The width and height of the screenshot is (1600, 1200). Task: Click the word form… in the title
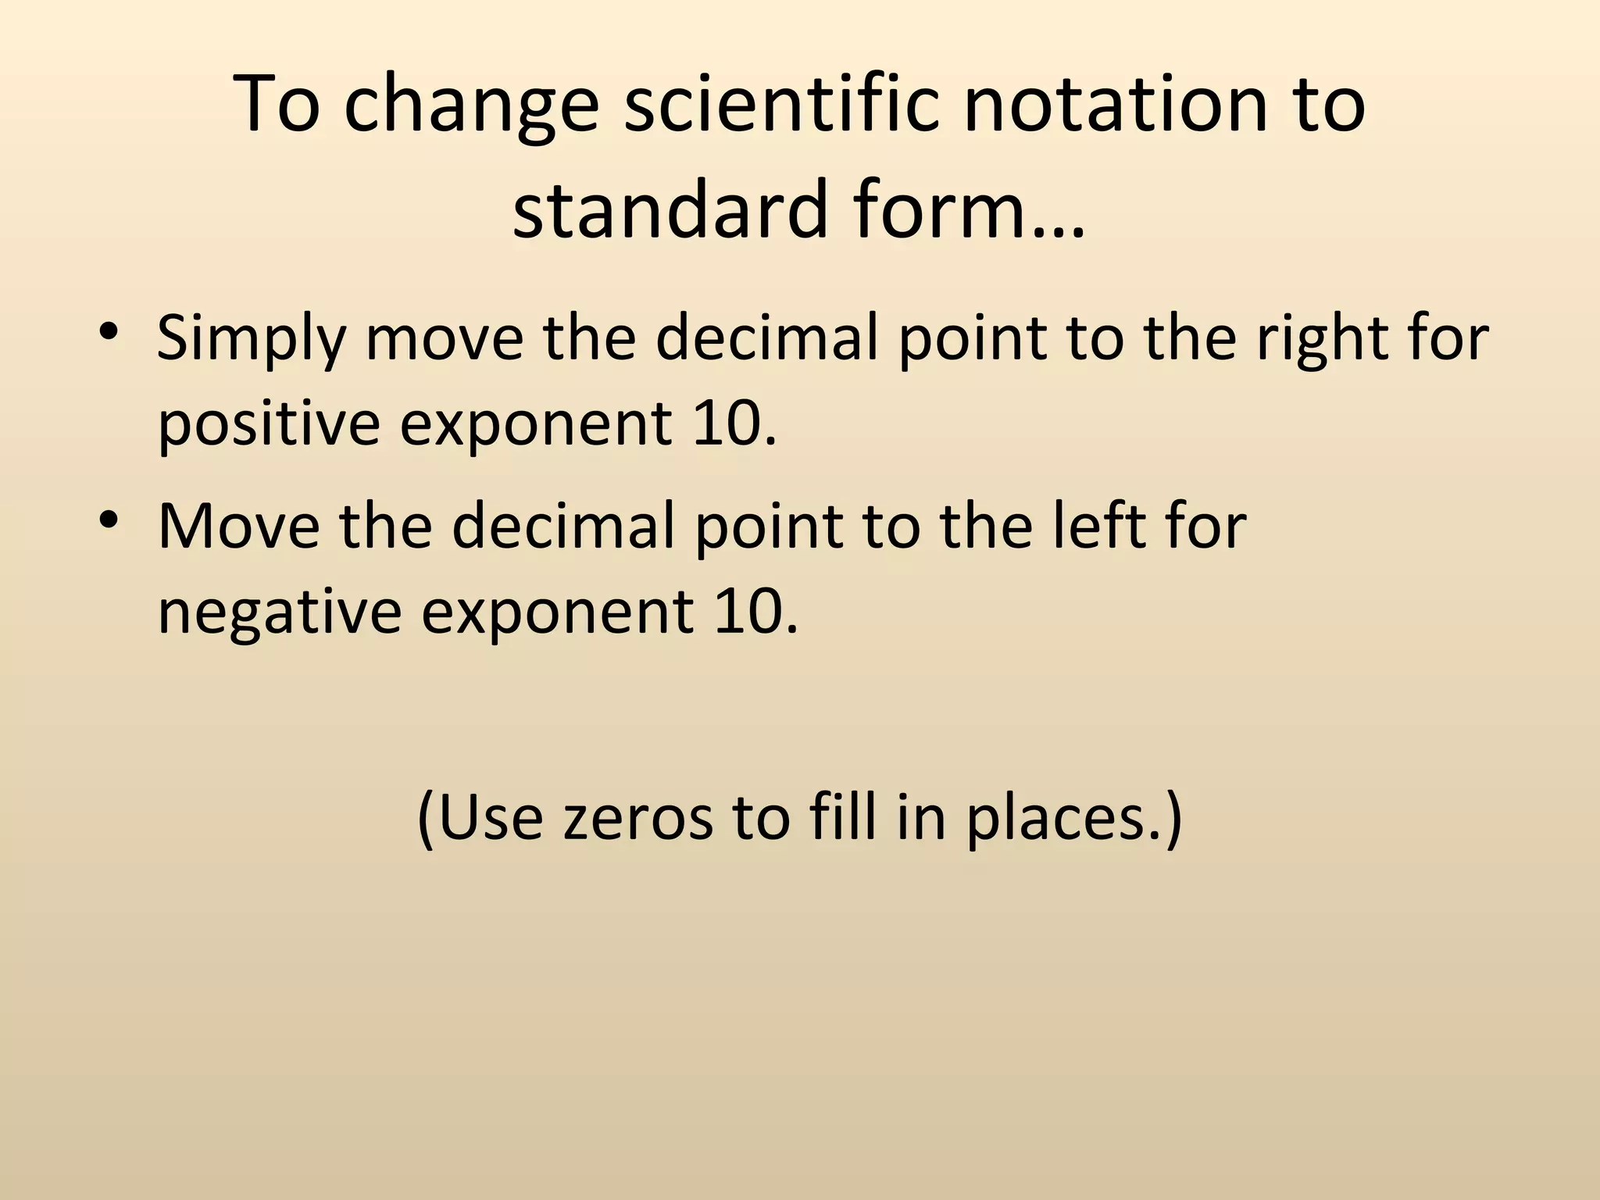tap(969, 209)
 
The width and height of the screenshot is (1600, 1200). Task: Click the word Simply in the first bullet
tap(250, 341)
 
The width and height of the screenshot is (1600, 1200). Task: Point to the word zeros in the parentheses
tap(637, 818)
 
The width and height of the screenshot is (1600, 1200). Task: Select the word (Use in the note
tap(480, 818)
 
